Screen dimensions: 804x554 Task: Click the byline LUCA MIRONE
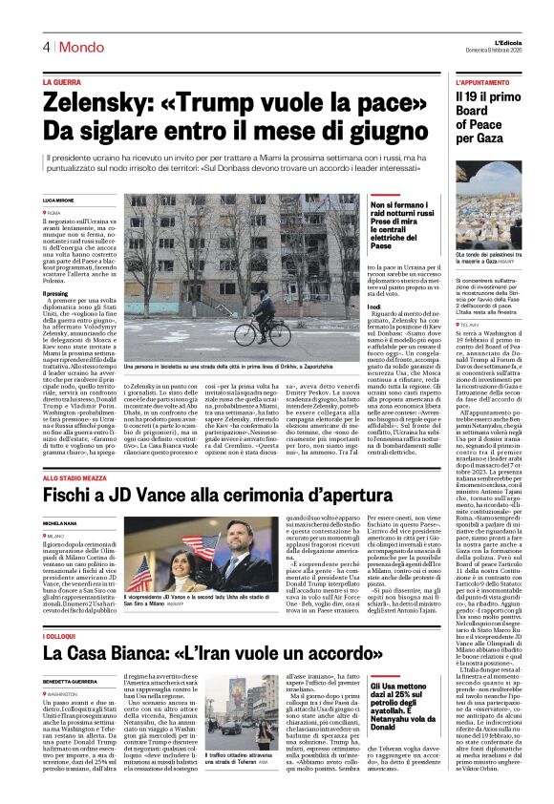[58, 201]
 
